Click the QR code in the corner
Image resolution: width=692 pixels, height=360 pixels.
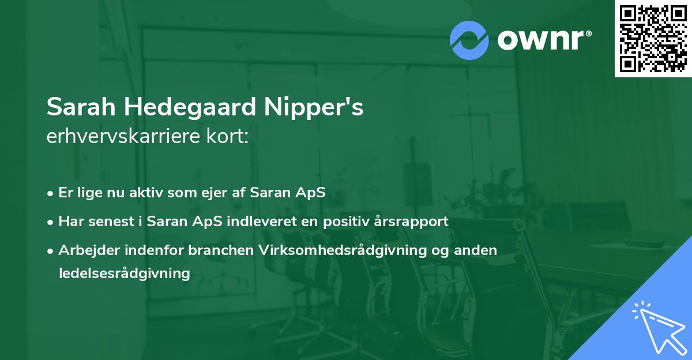(x=653, y=38)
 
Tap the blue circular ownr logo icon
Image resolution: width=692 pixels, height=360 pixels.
(x=469, y=40)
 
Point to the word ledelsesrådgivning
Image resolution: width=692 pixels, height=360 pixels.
(x=125, y=273)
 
